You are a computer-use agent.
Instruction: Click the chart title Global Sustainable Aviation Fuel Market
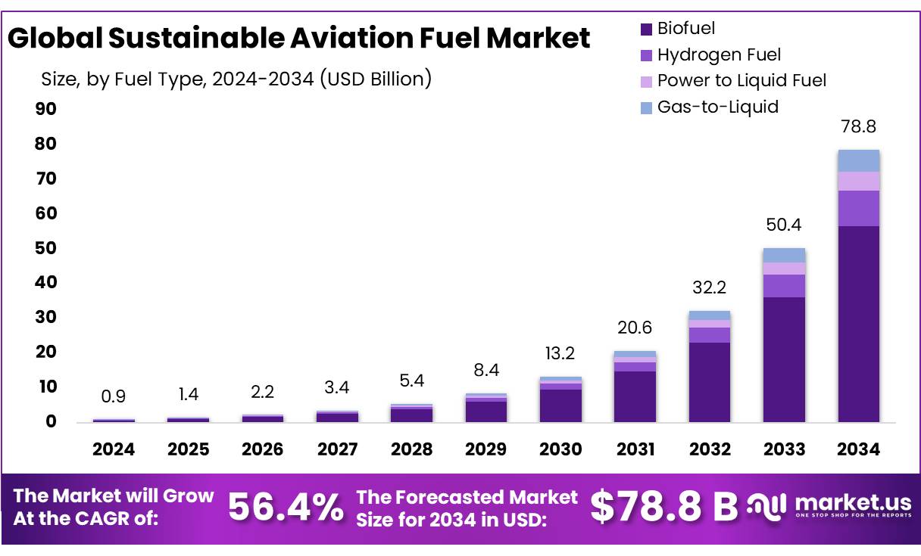(x=298, y=37)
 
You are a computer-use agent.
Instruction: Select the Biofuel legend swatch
(x=646, y=30)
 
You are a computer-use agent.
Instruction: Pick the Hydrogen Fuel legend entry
(x=718, y=54)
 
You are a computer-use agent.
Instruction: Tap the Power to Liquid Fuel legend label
(x=741, y=80)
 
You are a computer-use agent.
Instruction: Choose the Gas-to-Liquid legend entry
(x=717, y=107)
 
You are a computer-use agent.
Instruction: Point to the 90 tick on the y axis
(x=46, y=109)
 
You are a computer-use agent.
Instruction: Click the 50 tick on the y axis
(x=46, y=248)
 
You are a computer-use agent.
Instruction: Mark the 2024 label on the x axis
(x=114, y=449)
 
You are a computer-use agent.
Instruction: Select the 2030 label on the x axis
(x=560, y=449)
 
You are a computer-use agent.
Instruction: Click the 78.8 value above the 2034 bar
(x=858, y=126)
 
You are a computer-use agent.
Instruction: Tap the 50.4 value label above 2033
(x=784, y=225)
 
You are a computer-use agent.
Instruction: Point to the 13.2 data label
(x=560, y=354)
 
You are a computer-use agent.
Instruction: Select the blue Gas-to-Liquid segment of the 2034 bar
(x=858, y=160)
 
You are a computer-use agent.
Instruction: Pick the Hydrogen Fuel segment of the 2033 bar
(x=784, y=285)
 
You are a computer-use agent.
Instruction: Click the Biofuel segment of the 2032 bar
(x=710, y=382)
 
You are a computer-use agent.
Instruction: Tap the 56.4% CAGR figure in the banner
(x=286, y=507)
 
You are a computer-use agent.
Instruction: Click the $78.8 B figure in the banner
(x=663, y=507)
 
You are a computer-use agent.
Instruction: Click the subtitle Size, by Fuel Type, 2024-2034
(x=236, y=78)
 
